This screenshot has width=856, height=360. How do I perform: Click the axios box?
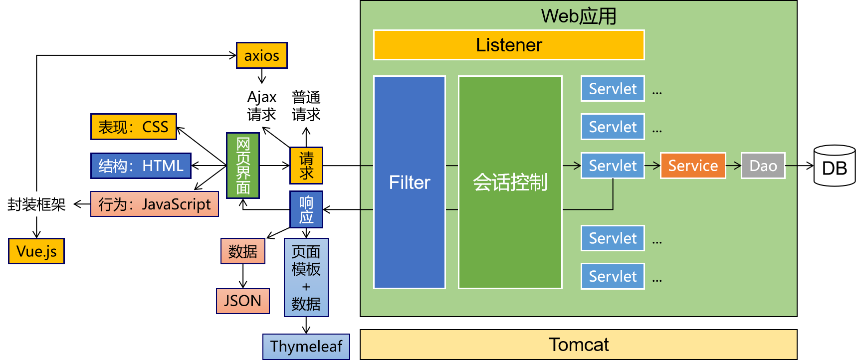(x=262, y=55)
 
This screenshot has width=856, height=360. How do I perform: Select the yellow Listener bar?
(x=509, y=45)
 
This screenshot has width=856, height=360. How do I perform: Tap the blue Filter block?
(x=410, y=182)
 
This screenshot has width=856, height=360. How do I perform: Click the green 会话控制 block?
(x=510, y=182)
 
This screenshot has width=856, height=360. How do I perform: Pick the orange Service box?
(x=693, y=166)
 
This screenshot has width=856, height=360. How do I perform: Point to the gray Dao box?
(x=763, y=166)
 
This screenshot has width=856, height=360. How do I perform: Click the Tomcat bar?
(x=578, y=345)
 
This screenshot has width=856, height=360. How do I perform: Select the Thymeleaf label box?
(x=306, y=347)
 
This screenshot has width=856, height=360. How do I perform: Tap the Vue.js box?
(x=36, y=251)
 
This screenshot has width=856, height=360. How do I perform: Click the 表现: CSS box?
(x=133, y=127)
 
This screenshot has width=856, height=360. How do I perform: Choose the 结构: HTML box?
(x=141, y=166)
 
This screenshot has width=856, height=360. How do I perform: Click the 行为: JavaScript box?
(x=155, y=204)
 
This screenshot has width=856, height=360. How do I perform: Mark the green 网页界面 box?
(x=243, y=166)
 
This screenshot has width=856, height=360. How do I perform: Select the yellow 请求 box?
(x=306, y=166)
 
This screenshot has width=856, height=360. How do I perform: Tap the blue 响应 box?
(x=306, y=209)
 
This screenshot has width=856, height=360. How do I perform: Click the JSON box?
(x=243, y=301)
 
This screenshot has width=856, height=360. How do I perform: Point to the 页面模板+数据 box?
(x=306, y=277)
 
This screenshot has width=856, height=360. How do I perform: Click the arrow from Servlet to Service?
(x=652, y=166)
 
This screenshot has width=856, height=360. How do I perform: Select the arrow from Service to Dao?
(x=733, y=166)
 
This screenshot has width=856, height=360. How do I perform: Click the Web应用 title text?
(x=579, y=16)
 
